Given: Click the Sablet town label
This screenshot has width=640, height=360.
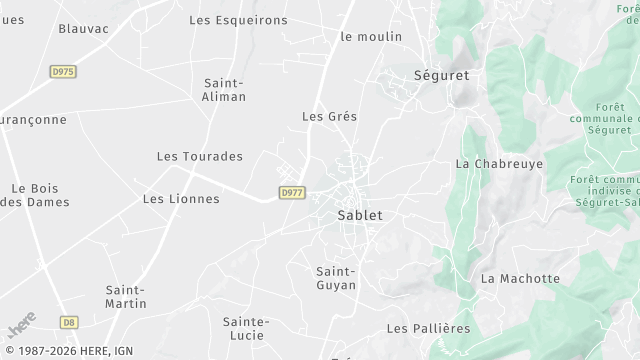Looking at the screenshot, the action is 361,215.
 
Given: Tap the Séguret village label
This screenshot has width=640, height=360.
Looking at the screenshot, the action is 441,75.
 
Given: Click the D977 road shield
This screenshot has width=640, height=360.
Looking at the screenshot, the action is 291,193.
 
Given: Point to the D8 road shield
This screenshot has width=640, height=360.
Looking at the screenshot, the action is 68,322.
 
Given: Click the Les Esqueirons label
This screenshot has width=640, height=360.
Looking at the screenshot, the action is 238,20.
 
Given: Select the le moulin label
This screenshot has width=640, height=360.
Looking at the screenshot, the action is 371,37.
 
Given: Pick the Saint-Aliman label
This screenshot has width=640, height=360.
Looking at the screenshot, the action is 225,90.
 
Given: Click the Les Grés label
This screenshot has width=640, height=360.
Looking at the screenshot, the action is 329,117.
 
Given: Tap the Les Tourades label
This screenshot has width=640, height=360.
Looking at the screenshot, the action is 200,157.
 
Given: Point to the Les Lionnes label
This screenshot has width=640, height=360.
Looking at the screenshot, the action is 181,199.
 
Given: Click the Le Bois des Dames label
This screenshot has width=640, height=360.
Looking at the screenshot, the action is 35,195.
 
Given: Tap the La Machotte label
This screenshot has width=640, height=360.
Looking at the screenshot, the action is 520,279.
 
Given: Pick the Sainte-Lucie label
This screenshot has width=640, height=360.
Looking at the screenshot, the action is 246,328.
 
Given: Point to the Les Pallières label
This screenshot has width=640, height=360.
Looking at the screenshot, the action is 428,328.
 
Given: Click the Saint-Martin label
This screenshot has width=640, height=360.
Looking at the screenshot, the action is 126,297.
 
